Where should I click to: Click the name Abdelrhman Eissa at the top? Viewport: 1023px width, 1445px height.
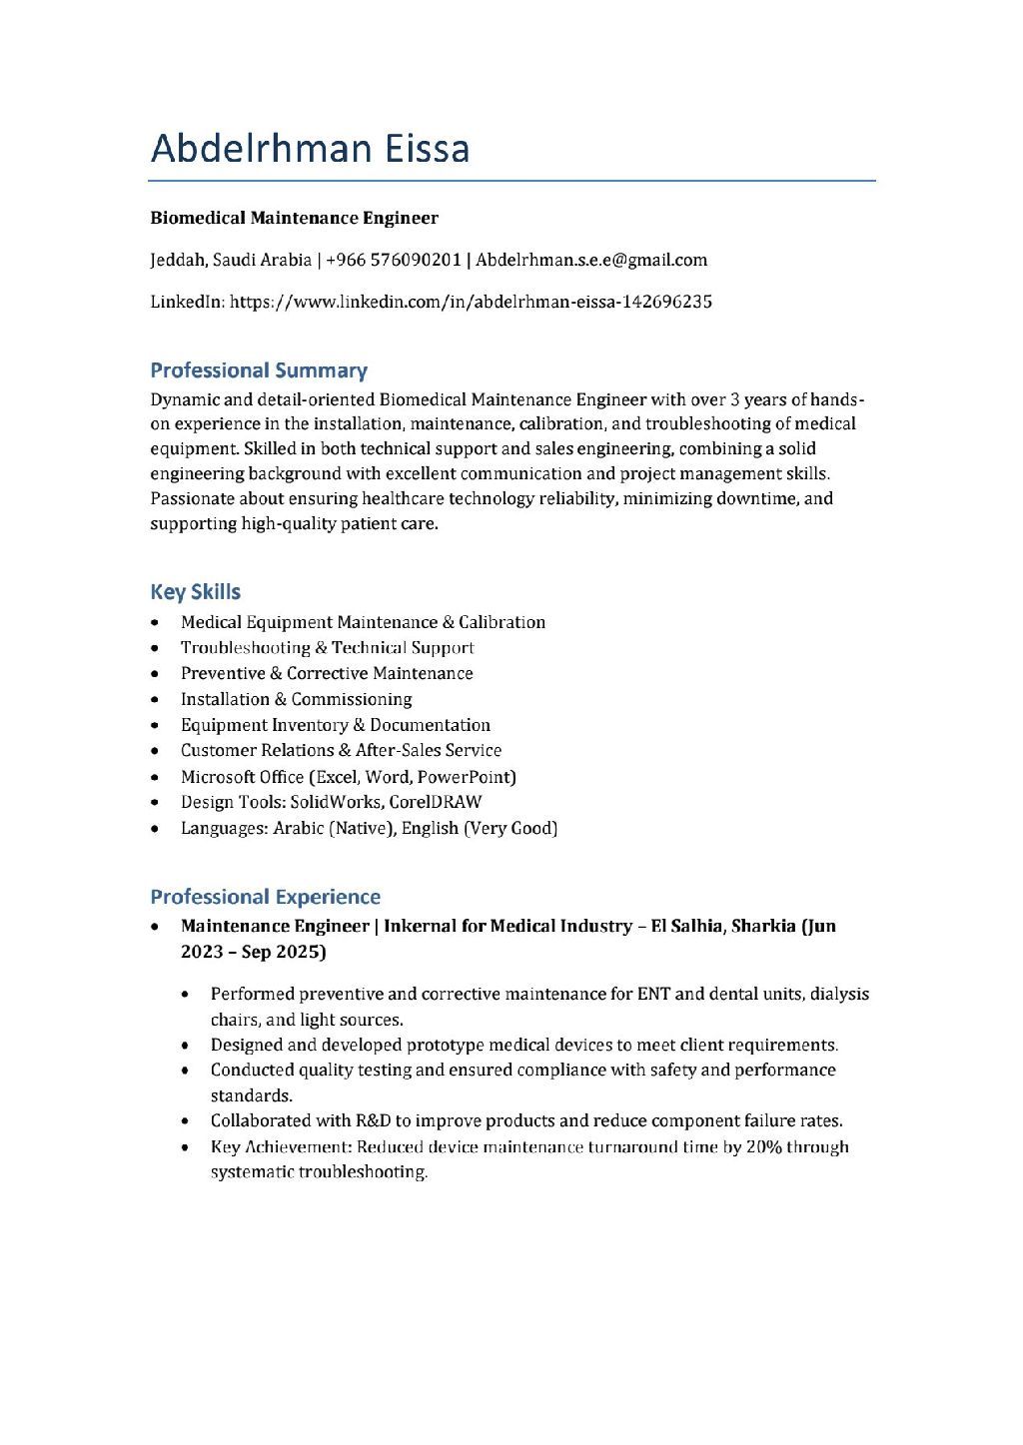pos(310,148)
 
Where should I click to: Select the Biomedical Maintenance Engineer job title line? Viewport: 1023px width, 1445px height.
pos(294,218)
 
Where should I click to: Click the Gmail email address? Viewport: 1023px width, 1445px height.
pos(591,261)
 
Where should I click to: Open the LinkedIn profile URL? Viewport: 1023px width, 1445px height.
pos(471,302)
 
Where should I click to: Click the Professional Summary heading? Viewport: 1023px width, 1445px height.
pos(259,370)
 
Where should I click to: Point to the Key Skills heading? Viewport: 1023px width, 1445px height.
pos(195,591)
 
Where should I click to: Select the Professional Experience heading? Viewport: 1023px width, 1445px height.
pos(265,897)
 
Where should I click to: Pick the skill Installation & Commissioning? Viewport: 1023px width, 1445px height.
pos(296,699)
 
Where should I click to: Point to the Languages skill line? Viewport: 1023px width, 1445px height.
pos(369,828)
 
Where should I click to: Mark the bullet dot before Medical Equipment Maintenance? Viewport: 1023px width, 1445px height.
pos(155,622)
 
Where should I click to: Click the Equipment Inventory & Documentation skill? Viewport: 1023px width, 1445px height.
pos(335,725)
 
